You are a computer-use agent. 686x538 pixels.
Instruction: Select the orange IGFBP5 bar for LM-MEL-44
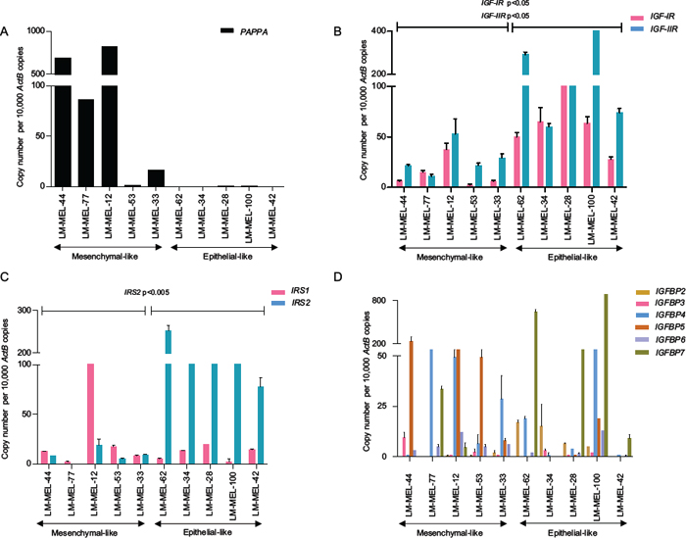click(x=411, y=398)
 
